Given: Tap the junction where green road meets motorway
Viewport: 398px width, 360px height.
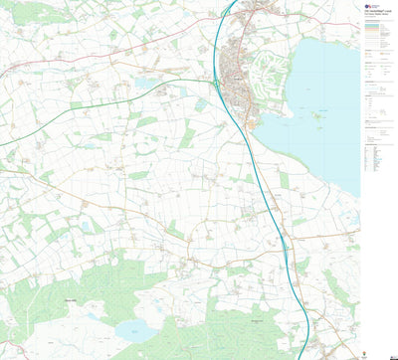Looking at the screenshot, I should pos(217,85).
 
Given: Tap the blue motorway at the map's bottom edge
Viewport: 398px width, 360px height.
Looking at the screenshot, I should pos(304,356).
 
